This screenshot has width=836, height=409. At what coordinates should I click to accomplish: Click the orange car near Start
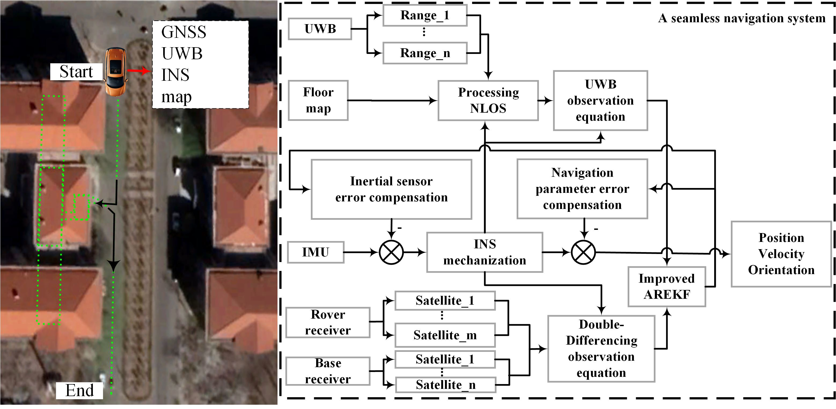tap(115, 72)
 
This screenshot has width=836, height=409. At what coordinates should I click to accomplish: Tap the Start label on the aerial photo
tap(76, 72)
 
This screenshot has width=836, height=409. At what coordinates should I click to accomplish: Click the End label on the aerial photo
tap(79, 390)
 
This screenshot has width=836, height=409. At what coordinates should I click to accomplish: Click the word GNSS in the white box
tap(184, 32)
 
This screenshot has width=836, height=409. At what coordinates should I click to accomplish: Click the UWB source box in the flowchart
tap(320, 29)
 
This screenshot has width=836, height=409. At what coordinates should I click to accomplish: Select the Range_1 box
tap(425, 15)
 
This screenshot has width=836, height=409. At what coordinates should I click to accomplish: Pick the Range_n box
tap(425, 53)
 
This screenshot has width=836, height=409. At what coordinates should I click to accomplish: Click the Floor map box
tap(318, 101)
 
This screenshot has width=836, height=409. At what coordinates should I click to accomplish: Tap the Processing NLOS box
tap(488, 101)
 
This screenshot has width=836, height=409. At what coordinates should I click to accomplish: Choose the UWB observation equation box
tap(600, 101)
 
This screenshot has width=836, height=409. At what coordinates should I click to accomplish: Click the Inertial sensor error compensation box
tap(391, 189)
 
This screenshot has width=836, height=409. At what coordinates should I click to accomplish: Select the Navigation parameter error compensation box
tap(582, 189)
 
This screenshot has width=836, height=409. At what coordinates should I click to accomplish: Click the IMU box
tap(315, 252)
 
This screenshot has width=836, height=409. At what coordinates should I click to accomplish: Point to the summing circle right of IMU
tap(391, 252)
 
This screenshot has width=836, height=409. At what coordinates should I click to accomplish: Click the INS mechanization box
tap(484, 252)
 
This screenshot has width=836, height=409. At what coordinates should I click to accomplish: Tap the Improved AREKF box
tap(667, 287)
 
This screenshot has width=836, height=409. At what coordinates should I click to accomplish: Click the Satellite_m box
tap(445, 335)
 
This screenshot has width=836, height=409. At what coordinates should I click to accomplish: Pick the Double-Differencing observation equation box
tap(601, 349)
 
